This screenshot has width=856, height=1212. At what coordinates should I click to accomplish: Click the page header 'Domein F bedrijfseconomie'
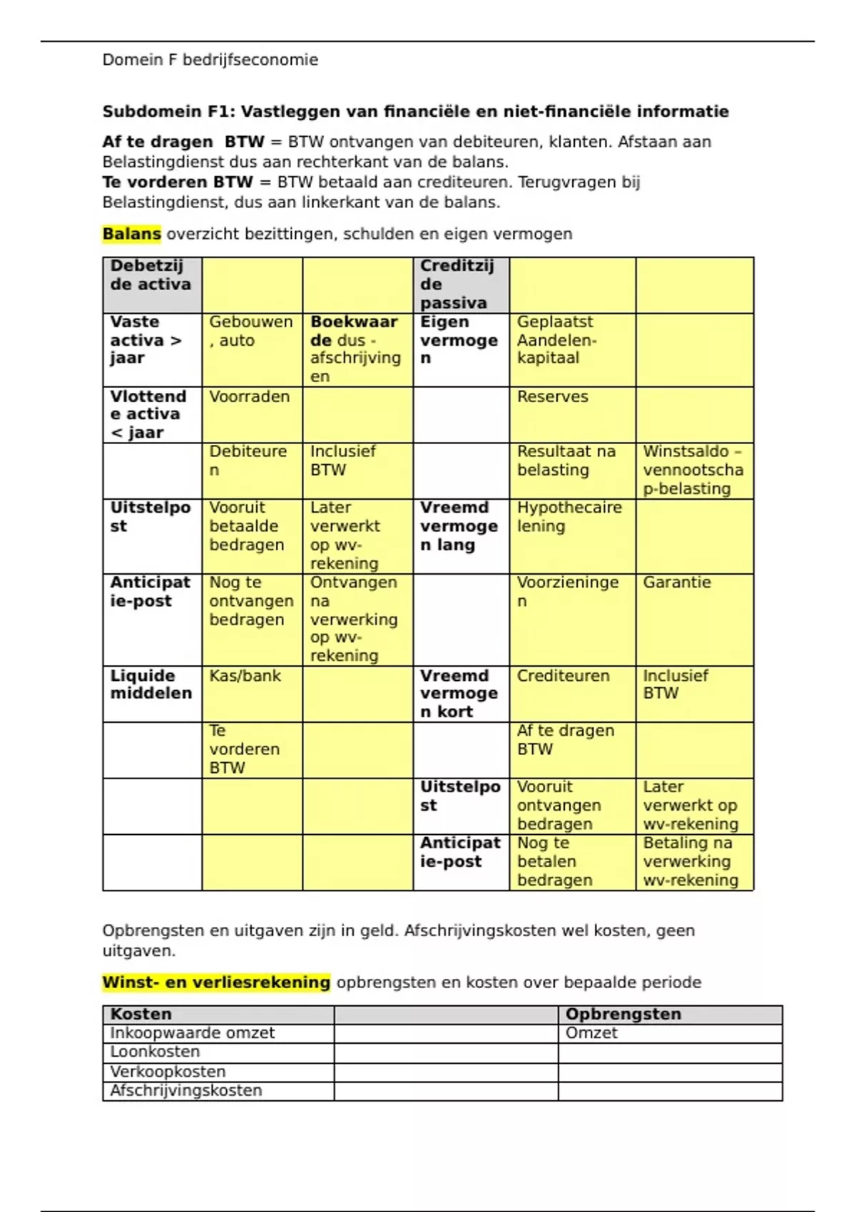click(x=210, y=60)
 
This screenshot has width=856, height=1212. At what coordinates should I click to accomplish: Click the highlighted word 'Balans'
click(x=132, y=234)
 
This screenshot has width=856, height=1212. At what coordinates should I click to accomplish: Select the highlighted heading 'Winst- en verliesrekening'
click(x=216, y=982)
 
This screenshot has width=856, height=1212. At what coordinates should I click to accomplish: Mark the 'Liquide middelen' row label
click(x=151, y=684)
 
